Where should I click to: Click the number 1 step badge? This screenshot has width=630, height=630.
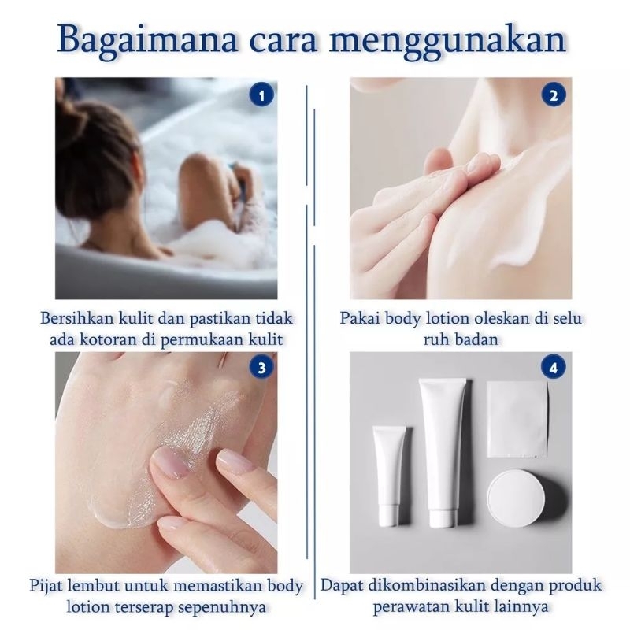261,94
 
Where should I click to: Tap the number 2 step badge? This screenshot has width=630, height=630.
554,94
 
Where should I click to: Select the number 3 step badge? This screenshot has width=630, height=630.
261,367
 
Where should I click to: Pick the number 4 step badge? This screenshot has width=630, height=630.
554,367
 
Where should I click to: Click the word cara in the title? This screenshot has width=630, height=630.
283,43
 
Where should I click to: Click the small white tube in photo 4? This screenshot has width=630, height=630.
390,476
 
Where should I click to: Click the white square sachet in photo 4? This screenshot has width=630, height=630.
517,419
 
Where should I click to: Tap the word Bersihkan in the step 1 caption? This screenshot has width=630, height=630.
77,318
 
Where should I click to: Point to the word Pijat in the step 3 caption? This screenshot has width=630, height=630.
46,586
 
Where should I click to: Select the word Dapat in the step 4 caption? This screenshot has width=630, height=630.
342,586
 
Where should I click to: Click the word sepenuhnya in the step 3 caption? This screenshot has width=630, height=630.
223,607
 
